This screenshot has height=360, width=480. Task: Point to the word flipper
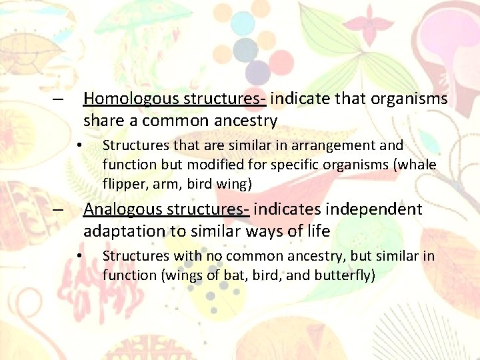123,183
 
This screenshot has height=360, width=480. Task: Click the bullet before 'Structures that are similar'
79,145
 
